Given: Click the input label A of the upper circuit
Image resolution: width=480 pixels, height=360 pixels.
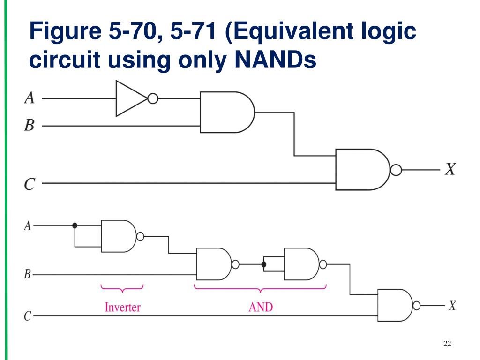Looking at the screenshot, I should coord(29,98).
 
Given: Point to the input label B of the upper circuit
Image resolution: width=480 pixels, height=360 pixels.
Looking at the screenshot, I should coord(29,125).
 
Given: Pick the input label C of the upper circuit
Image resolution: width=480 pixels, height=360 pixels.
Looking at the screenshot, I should coord(29,184).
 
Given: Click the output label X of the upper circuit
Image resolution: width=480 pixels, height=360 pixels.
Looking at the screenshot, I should coord(450,169).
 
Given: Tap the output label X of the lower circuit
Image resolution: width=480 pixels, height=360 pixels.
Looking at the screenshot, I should coord(452,306).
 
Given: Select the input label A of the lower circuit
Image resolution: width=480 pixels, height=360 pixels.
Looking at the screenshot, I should coord(27,226).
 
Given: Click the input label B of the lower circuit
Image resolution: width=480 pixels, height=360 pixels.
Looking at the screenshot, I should coord(27,274).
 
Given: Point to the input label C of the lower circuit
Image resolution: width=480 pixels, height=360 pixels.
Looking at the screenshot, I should coord(27,316).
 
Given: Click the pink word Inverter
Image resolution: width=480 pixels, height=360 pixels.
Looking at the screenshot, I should coord(122,307).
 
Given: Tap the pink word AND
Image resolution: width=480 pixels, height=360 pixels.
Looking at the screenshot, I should coord(261,307).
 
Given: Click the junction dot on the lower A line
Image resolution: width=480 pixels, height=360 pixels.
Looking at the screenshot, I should coord(75,225).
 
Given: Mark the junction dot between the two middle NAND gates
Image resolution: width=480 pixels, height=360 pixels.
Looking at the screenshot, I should coord(264,265).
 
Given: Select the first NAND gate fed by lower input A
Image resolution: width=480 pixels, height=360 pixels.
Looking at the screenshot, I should coord(118,236).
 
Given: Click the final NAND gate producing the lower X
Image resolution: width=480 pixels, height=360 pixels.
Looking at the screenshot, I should coord(395,305).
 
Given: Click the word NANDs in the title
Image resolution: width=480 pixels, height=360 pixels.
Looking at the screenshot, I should coord(277,61).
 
